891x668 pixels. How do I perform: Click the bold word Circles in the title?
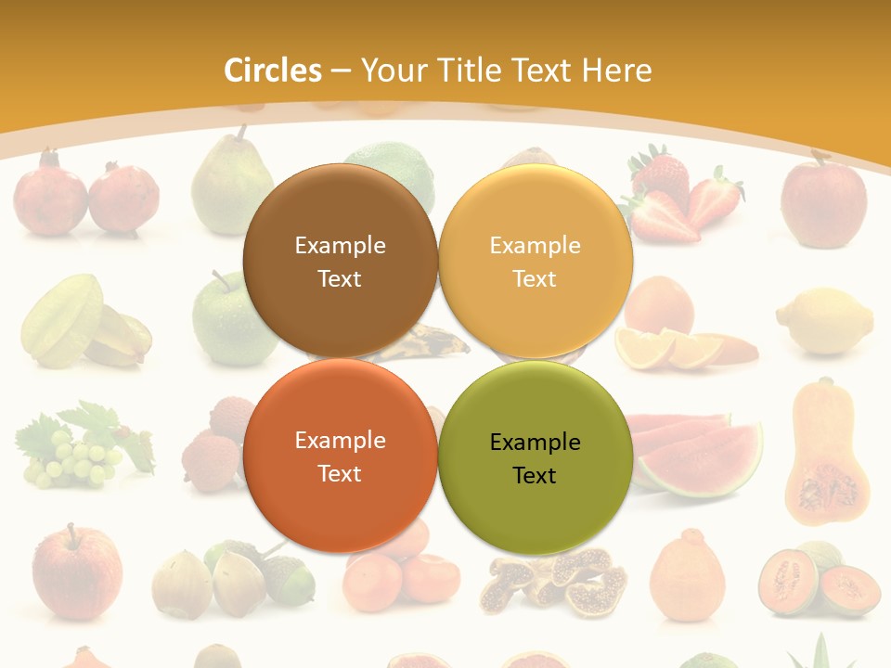pos(273,71)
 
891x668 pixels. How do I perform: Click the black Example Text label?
pos(535,458)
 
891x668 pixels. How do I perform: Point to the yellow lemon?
pos(825,321)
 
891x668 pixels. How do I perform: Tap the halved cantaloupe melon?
pos(818,579)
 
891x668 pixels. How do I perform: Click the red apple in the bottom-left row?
pos(77,572)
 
